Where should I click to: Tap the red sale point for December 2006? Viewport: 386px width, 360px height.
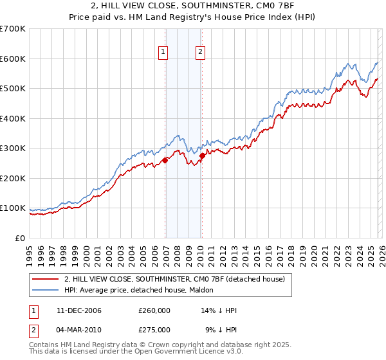coord(165,161)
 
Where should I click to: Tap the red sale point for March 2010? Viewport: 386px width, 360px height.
coord(202,156)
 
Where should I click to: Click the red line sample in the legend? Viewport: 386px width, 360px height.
coord(46,278)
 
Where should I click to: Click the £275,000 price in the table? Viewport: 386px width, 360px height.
coord(154,329)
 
